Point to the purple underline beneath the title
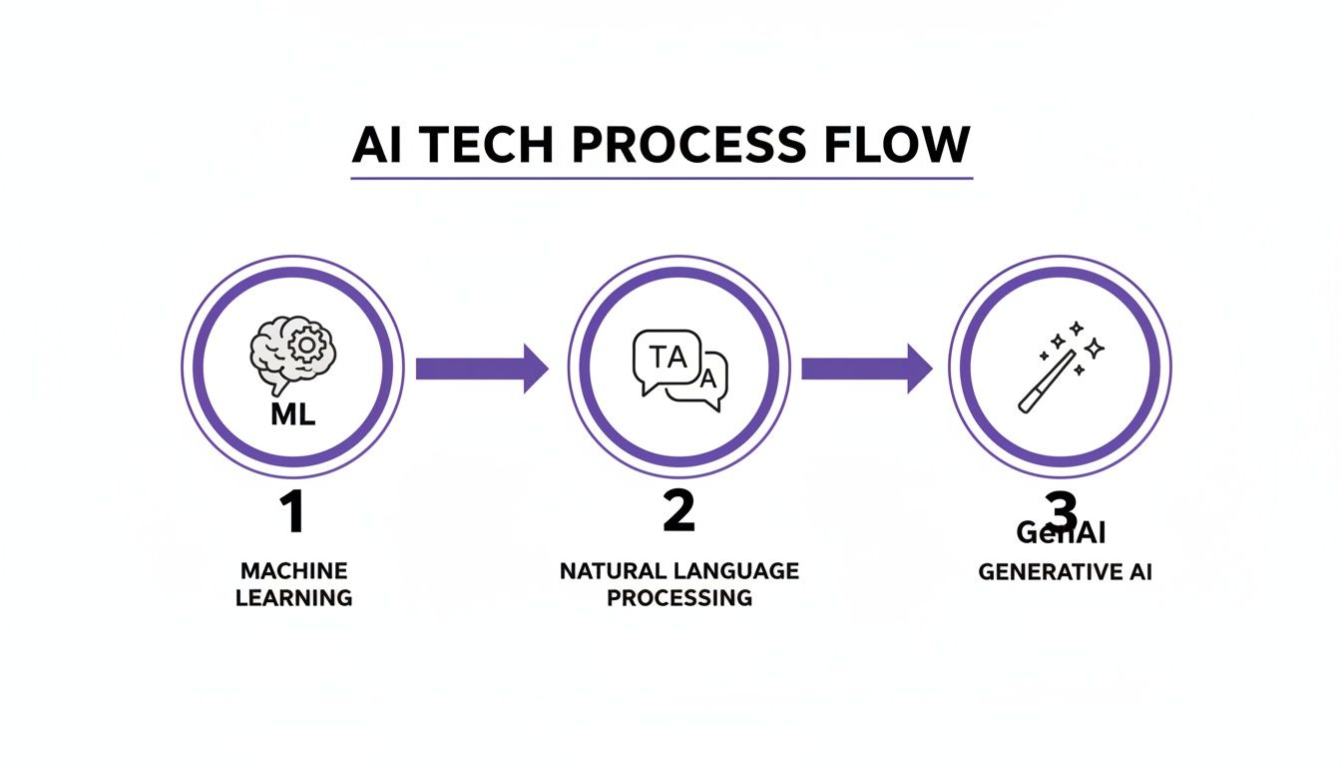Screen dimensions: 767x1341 click(x=662, y=179)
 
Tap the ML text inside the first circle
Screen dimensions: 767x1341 click(x=292, y=413)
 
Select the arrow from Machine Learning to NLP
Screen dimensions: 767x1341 click(x=482, y=369)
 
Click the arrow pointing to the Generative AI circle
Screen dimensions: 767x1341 click(x=866, y=369)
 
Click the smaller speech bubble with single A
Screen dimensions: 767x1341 click(x=706, y=382)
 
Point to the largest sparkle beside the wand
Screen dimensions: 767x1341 click(x=1095, y=348)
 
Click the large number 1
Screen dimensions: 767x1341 click(x=290, y=512)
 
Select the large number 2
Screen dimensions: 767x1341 click(x=677, y=511)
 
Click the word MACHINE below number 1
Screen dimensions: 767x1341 click(x=293, y=571)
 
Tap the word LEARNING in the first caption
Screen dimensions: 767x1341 click(x=293, y=598)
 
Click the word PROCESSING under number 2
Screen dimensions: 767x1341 click(x=678, y=597)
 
